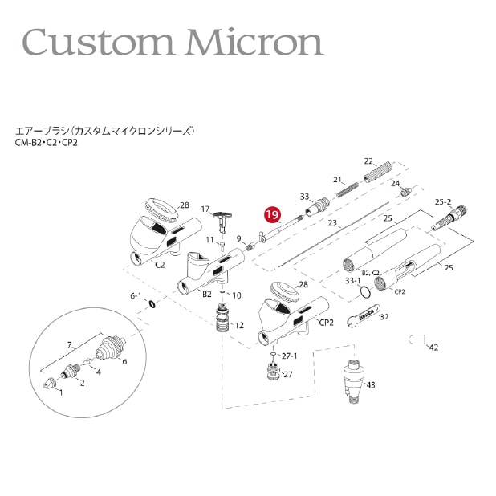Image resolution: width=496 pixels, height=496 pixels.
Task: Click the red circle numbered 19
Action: point(273,215)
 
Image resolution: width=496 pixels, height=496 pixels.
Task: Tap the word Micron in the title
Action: point(255,42)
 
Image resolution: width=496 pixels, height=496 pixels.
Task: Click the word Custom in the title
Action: point(98,43)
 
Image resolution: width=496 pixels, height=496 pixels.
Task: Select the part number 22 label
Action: point(368,161)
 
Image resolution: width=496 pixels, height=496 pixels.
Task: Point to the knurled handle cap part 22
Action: point(378,172)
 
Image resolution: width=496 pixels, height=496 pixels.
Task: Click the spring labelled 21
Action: point(348,189)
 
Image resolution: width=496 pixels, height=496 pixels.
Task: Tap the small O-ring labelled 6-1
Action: point(152,304)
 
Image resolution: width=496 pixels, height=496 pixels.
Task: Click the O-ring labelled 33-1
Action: point(365,292)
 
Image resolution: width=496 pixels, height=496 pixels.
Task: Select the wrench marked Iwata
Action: point(363,316)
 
